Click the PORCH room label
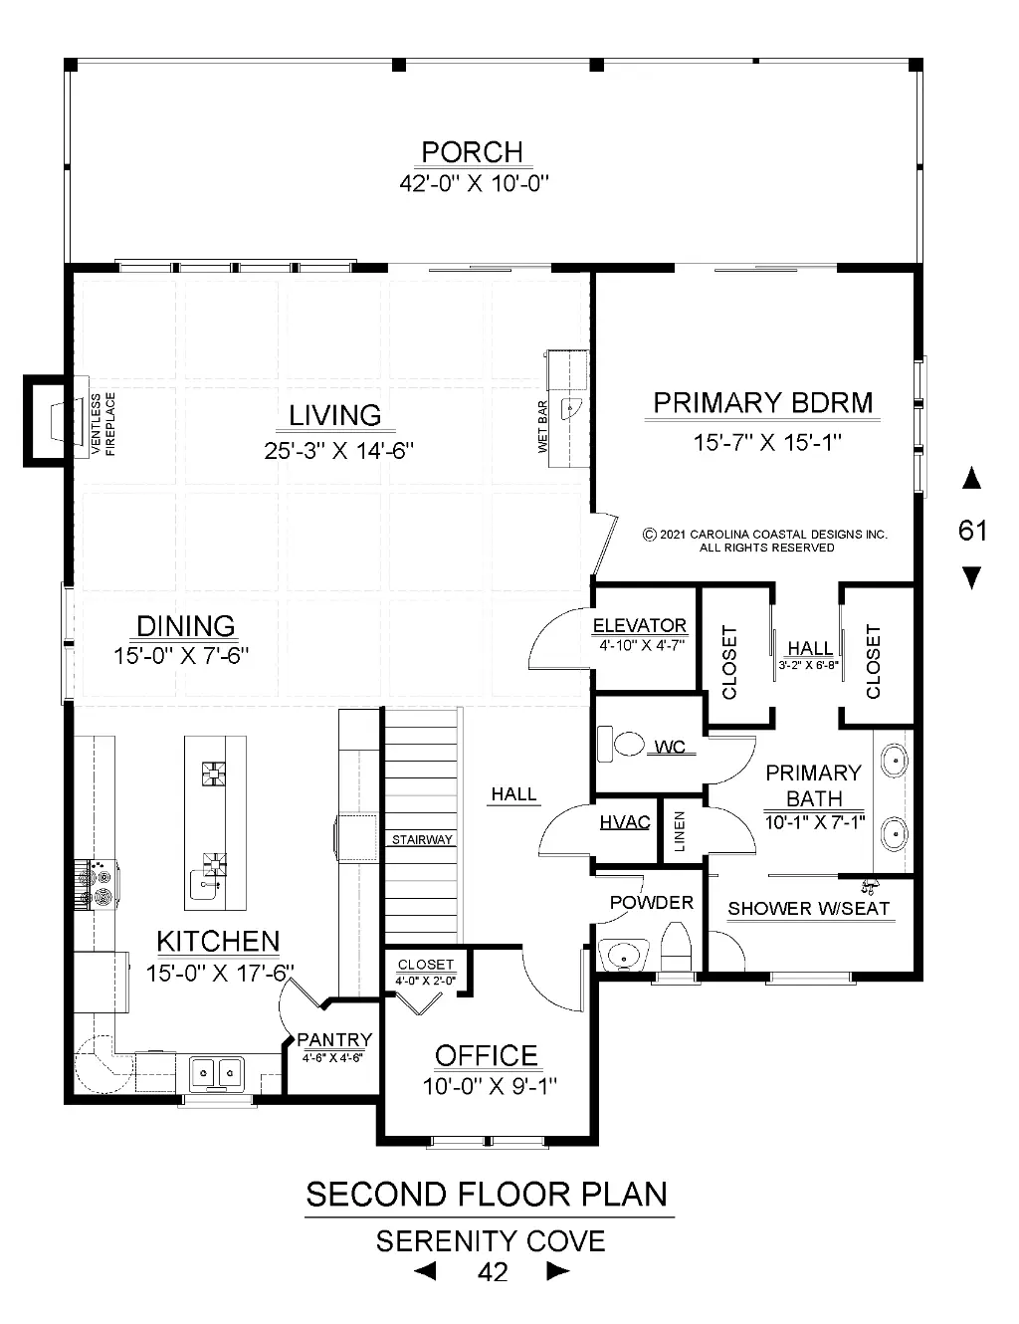click(x=472, y=151)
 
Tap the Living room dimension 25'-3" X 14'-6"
click(x=338, y=450)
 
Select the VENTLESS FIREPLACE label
click(x=102, y=424)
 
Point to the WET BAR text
click(x=542, y=426)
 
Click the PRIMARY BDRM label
click(x=763, y=403)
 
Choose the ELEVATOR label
click(x=640, y=625)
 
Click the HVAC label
click(x=625, y=822)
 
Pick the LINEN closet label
click(x=680, y=831)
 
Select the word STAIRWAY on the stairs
click(x=422, y=839)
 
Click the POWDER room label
click(x=652, y=902)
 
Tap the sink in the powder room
click(x=623, y=955)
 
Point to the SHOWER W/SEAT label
click(x=809, y=909)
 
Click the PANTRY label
click(x=334, y=1039)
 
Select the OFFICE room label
click(x=486, y=1055)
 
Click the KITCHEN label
click(x=218, y=942)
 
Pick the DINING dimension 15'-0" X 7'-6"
click(x=181, y=656)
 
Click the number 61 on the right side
click(x=972, y=530)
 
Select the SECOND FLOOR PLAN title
click(x=487, y=1194)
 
